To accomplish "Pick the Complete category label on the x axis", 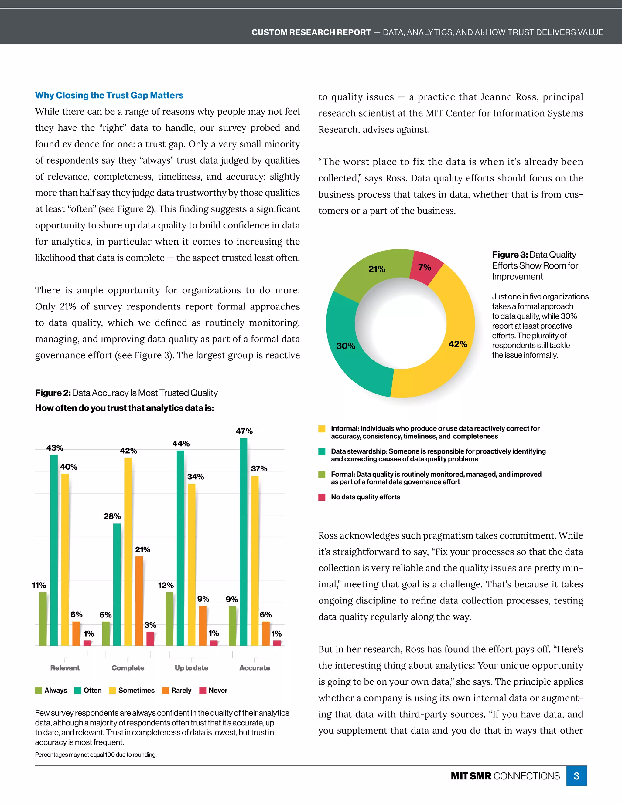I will [128, 668].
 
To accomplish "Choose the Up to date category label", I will [191, 668].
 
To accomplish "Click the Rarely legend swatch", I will [166, 690].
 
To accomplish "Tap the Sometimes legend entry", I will [132, 690].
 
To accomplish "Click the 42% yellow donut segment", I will [455, 342].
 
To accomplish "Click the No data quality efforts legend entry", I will [365, 497].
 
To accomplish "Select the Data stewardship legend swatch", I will [322, 452].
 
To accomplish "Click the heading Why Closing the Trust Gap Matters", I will [109, 95].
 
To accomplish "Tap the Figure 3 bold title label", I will [510, 255].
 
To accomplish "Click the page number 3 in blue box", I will [576, 776].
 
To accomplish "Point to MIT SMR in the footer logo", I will [470, 776].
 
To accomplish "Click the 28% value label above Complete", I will [112, 516].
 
